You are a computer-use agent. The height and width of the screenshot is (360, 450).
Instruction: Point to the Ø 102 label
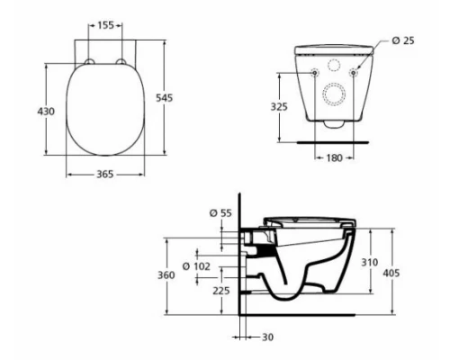(195, 266)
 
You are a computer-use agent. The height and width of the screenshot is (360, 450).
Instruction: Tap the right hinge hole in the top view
(121, 60)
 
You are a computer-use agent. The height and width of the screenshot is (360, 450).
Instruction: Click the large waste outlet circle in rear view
(336, 94)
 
